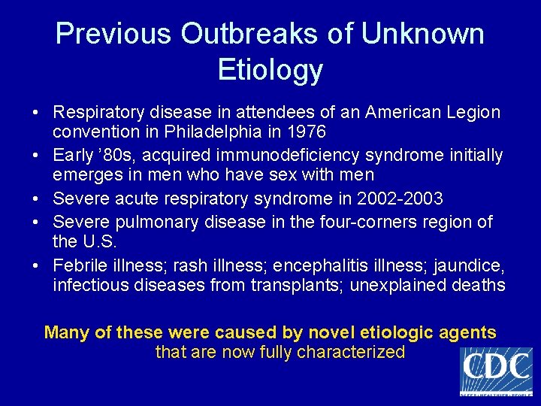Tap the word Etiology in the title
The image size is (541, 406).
point(270,70)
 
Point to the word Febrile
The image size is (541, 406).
point(79,265)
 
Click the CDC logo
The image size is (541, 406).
point(495,370)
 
